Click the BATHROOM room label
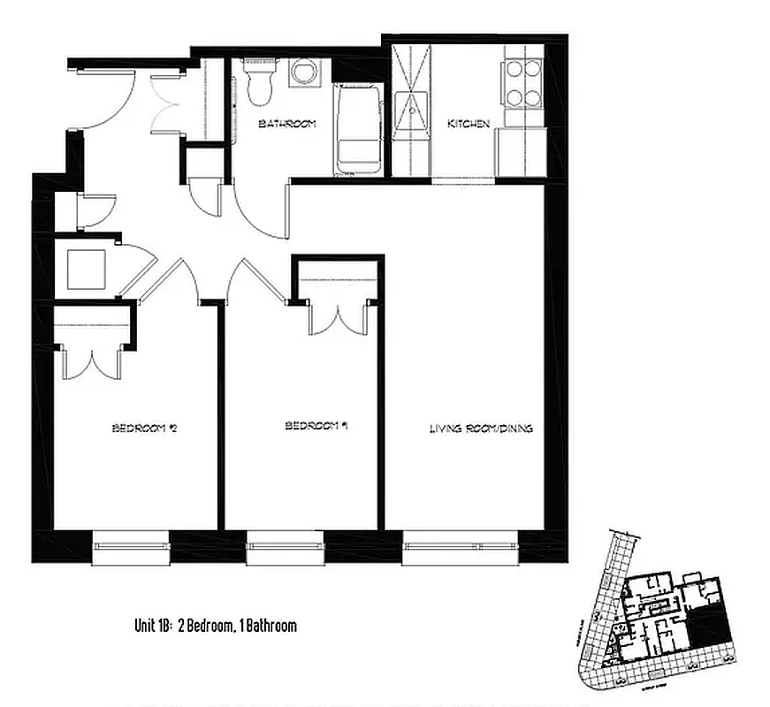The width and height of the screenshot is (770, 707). [286, 124]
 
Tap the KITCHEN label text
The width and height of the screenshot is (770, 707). [468, 124]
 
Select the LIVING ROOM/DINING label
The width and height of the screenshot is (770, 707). [480, 429]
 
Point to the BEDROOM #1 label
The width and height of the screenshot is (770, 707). [315, 426]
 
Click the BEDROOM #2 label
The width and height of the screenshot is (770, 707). [146, 429]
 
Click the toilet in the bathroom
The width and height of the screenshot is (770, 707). [261, 82]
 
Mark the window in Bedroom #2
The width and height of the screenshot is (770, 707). [130, 547]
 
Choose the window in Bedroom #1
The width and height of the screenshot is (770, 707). [283, 547]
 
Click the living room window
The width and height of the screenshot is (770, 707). [460, 547]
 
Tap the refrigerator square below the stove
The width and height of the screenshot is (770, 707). [519, 152]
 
